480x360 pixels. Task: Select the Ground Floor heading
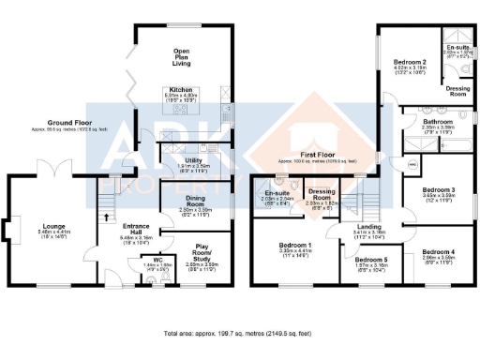(74, 123)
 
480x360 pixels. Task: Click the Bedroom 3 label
(440, 190)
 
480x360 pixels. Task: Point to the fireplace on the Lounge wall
(14, 230)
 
